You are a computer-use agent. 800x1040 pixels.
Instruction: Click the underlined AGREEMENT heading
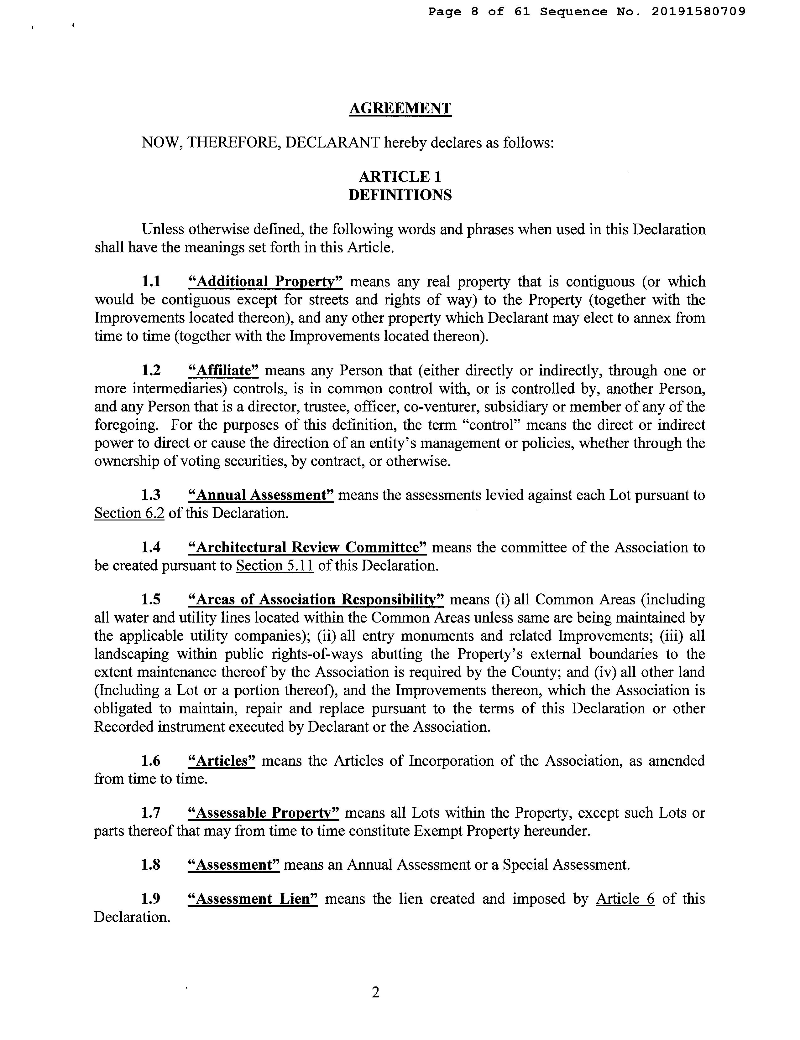[400, 108]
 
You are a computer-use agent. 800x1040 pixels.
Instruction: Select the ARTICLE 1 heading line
[400, 177]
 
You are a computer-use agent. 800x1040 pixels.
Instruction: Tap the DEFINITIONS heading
[400, 195]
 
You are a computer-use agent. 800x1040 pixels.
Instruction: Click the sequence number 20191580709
[698, 12]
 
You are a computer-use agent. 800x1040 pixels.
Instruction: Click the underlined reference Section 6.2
[129, 513]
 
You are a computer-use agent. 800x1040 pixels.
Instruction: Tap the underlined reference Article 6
[625, 899]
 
